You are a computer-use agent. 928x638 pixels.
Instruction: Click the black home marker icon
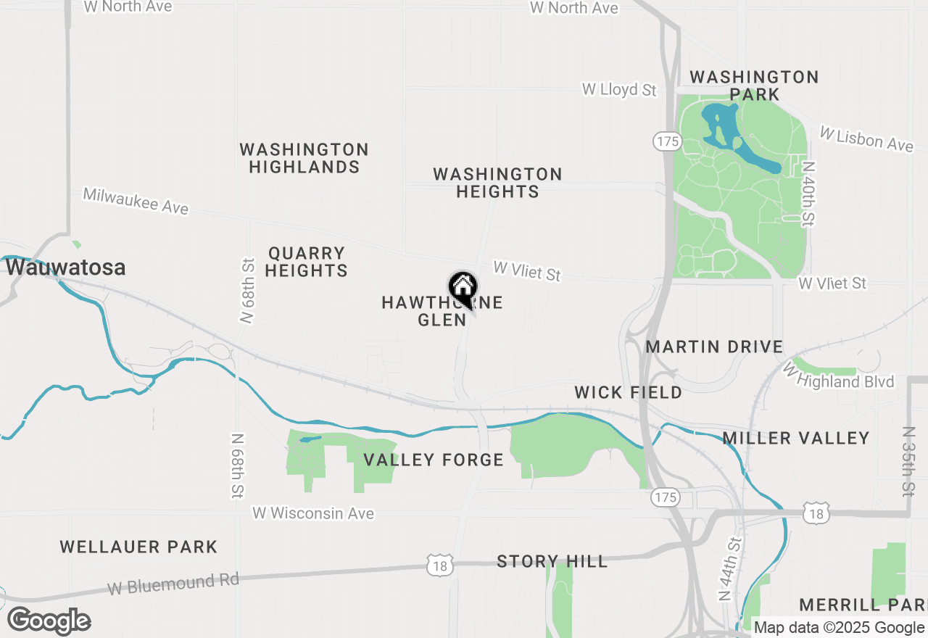click(x=463, y=288)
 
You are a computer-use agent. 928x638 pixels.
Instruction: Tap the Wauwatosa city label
click(x=66, y=268)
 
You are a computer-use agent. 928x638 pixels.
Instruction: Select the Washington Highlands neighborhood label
click(x=304, y=158)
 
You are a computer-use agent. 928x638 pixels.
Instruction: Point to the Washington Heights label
click(x=497, y=183)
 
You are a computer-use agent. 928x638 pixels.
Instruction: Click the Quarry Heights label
click(x=307, y=262)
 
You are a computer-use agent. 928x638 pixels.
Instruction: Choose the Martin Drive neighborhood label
click(x=714, y=347)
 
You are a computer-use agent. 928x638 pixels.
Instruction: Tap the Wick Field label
click(x=628, y=392)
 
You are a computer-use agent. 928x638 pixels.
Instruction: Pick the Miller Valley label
click(x=796, y=438)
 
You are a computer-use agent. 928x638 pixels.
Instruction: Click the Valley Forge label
click(x=434, y=460)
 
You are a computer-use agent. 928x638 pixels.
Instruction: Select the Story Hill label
click(x=552, y=561)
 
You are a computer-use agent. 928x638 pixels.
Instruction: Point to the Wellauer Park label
click(x=138, y=547)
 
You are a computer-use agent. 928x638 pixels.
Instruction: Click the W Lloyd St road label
click(x=619, y=90)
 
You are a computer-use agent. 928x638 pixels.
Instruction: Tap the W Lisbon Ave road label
click(x=866, y=138)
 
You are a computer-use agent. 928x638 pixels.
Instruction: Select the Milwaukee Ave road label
click(x=136, y=201)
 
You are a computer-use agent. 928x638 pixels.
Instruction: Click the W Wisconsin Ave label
click(x=313, y=513)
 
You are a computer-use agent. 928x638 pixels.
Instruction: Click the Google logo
click(x=49, y=621)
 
